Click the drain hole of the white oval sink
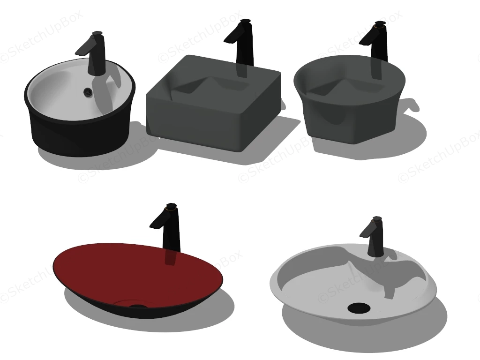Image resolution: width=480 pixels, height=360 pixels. (x=359, y=308)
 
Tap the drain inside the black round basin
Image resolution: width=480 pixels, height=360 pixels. (x=87, y=92)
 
